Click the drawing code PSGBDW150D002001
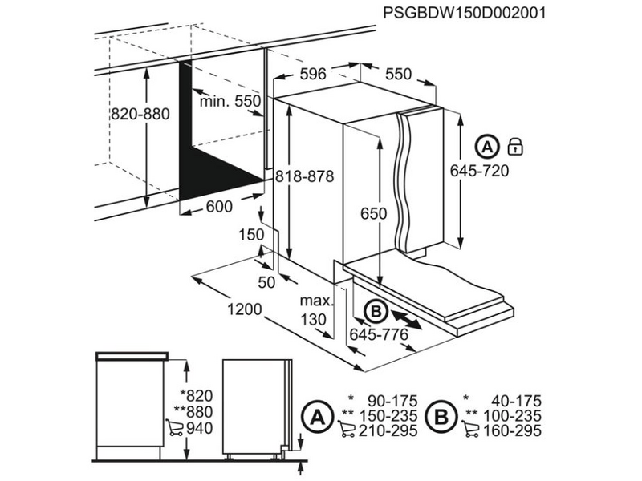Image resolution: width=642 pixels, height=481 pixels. (x=470, y=14)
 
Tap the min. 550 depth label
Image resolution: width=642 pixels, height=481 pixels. (x=231, y=101)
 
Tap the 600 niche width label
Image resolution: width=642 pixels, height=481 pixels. (x=218, y=207)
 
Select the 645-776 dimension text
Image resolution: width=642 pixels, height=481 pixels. (x=376, y=334)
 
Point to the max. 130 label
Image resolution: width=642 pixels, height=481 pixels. (x=316, y=310)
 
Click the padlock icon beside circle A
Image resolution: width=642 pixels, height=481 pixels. (x=515, y=146)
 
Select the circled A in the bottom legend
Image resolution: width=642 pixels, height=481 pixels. (x=317, y=416)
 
